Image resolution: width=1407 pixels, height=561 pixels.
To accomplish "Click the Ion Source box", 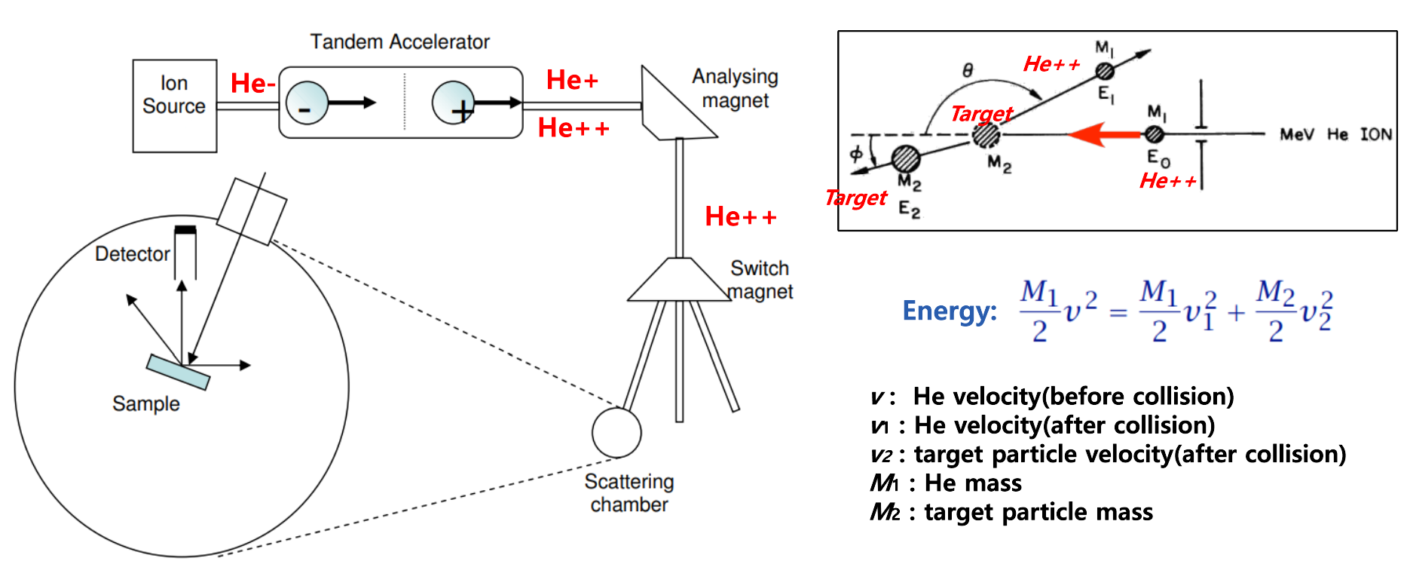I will coord(174,106).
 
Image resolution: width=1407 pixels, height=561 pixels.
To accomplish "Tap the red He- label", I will coord(252,83).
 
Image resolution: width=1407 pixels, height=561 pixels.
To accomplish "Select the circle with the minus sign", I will coord(307,103).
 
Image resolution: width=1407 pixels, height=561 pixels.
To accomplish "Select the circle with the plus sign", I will coord(453,103).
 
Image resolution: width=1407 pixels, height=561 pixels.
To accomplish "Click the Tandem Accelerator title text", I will coord(399,41).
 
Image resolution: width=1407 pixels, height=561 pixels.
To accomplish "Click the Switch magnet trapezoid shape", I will coord(678,280).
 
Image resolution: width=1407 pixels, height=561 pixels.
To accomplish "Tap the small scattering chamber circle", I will coord(616,433).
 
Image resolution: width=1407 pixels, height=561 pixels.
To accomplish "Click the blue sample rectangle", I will coord(178,372).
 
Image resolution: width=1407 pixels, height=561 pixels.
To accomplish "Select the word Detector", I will coord(132,254).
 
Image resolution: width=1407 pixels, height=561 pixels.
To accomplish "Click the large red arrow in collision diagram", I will coord(1105,135).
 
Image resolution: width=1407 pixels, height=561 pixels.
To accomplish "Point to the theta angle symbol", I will coord(968,70).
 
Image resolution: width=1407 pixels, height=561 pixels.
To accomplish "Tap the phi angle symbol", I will coord(856,154).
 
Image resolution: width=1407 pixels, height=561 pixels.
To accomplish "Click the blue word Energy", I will coord(949,311).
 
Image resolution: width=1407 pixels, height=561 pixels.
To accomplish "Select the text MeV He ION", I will coord(1335,134).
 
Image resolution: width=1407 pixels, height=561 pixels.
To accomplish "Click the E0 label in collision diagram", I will coord(1158,158).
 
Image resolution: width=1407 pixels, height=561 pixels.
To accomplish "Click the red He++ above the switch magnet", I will coord(740,216).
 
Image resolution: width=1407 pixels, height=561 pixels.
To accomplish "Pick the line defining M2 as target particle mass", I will coord(1011,512).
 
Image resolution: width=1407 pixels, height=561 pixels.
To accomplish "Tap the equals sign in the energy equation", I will coord(1118,312).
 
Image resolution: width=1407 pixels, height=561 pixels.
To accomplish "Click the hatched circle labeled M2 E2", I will coord(905,158).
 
